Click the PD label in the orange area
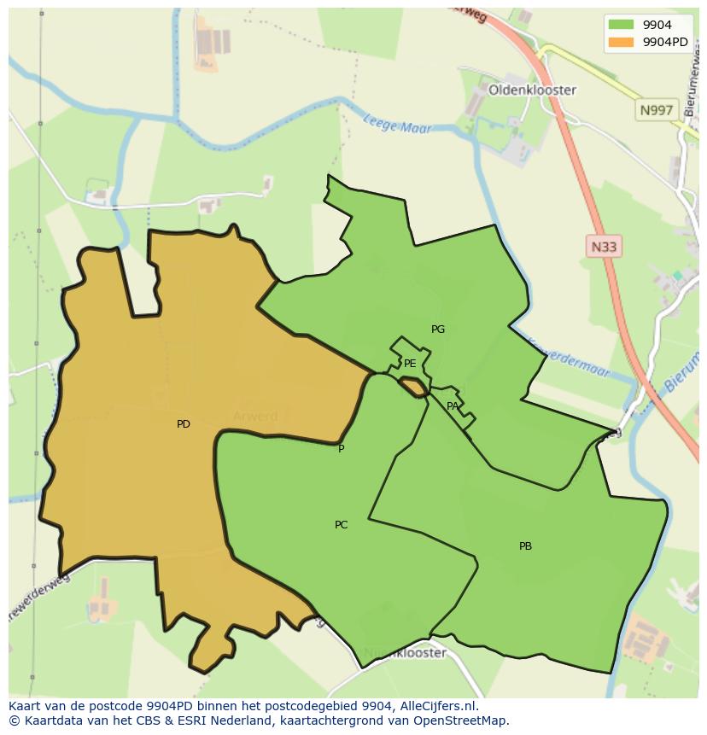pos(184,424)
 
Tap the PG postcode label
pos(438,330)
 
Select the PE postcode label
pos(410,364)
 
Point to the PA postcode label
pos(453,406)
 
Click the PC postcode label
pos(341,525)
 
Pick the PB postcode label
pos(525,546)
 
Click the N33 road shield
pos(604,247)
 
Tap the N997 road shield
pos(656,110)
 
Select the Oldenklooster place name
pos(532,90)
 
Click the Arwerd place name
pos(255,417)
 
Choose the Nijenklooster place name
pos(405,653)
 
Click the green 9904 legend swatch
pos(622,25)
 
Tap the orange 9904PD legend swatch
pos(622,42)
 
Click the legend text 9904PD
pos(665,42)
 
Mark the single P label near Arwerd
pos(342,449)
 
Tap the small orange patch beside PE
pos(414,388)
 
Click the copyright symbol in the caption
pos(14,720)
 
